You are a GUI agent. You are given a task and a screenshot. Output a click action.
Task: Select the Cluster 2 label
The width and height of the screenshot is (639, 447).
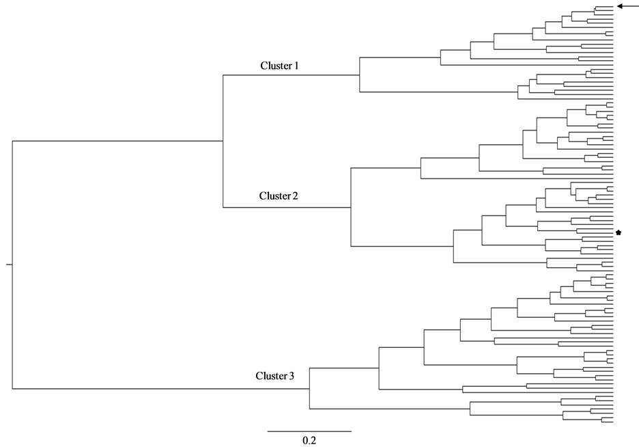point(279,196)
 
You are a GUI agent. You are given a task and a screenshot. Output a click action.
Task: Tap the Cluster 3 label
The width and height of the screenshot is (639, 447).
point(276,376)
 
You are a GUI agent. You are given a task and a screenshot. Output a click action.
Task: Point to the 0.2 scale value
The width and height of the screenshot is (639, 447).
point(309,440)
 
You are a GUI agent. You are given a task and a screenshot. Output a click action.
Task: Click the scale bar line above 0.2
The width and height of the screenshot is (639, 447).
point(309,431)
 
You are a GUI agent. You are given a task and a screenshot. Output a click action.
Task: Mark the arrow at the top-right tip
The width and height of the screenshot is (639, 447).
point(625,6)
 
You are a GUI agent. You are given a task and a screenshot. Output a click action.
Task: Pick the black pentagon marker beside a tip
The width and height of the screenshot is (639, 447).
point(619,233)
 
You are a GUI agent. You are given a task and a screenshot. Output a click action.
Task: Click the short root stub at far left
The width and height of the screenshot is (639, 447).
point(9,264)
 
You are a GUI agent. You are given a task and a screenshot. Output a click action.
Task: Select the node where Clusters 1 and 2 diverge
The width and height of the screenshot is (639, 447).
point(223,141)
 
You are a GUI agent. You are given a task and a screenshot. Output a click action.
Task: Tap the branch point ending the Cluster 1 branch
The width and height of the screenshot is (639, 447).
point(360,75)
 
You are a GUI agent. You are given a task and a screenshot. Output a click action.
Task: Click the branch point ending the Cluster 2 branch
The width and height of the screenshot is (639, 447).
point(350,206)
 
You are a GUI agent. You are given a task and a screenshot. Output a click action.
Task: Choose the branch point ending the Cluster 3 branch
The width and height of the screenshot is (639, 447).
point(310,389)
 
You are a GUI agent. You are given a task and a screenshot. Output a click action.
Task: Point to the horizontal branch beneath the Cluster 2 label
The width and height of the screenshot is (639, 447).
point(287,206)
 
